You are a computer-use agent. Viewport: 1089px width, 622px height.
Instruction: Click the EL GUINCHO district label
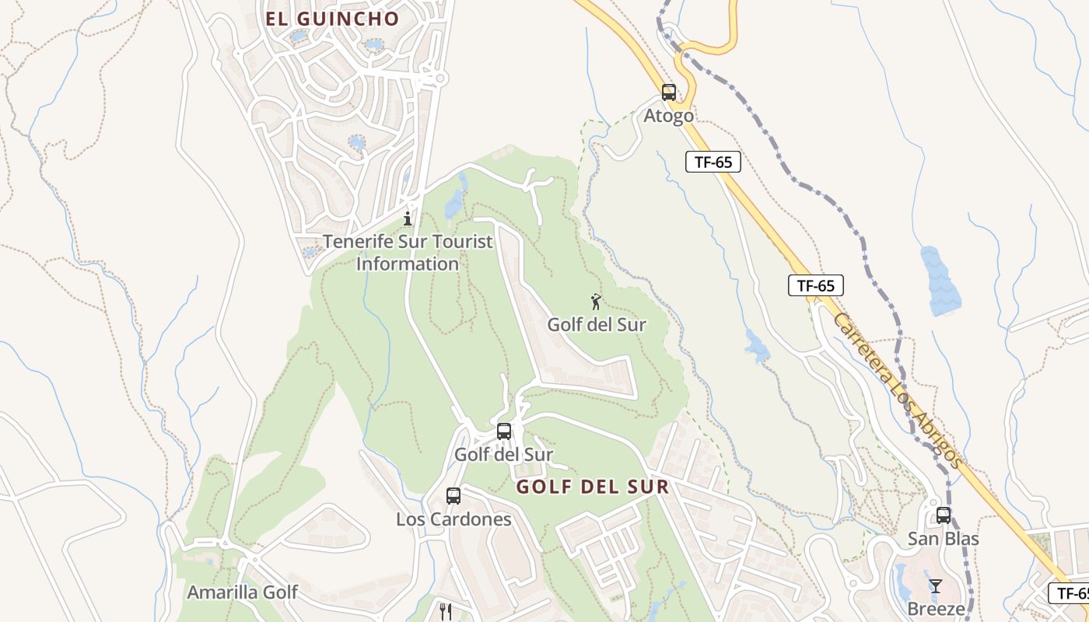[332, 19]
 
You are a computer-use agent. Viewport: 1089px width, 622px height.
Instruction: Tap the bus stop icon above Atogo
[668, 93]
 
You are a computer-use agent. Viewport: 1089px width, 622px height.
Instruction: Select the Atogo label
[668, 117]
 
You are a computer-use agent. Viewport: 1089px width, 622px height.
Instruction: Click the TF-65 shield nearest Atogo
[713, 162]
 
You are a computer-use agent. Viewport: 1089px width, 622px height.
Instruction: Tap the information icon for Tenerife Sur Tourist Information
[407, 218]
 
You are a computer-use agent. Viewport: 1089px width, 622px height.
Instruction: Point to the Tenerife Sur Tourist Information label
[408, 253]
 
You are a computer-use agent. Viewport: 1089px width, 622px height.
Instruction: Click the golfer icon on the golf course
[596, 301]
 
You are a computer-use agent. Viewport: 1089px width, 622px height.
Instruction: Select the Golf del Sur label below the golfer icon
[597, 325]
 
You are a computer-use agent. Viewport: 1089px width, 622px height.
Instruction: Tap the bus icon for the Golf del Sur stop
[504, 431]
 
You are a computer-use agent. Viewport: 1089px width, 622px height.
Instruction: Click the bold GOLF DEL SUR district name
[593, 487]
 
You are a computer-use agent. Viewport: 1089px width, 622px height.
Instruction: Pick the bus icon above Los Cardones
[453, 495]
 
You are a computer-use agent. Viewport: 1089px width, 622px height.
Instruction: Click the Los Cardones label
[453, 519]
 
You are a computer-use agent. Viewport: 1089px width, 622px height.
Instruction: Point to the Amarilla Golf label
[242, 592]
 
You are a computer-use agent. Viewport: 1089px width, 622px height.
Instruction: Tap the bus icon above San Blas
[944, 515]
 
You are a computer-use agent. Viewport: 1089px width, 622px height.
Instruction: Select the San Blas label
[944, 539]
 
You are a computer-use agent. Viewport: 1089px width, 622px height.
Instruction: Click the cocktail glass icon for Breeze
[935, 585]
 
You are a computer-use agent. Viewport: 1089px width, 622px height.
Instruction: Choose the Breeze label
[936, 609]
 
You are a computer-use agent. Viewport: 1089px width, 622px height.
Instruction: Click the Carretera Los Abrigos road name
[898, 390]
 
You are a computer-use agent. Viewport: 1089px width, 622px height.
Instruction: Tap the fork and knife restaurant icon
[445, 612]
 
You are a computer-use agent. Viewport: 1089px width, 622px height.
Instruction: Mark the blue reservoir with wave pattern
[941, 281]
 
